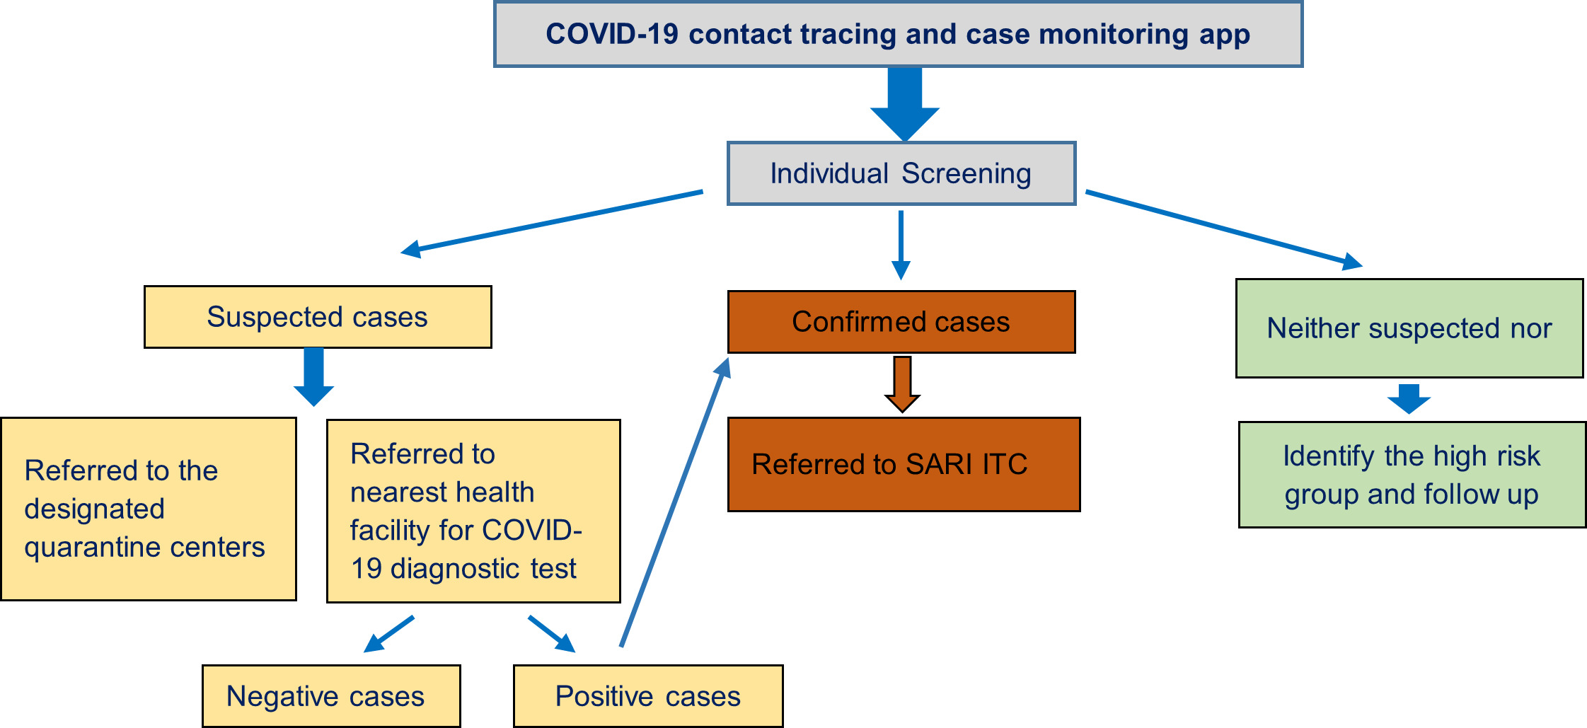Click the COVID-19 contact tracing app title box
(898, 35)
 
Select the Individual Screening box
(901, 173)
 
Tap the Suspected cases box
(318, 317)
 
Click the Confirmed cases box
(901, 322)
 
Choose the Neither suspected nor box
(1409, 328)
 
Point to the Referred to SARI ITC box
(904, 464)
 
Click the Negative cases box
(331, 696)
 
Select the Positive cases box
(648, 696)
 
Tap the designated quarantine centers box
(149, 509)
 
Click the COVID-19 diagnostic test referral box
(473, 511)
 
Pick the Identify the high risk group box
(1412, 475)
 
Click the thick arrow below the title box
(905, 103)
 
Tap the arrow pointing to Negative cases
(388, 634)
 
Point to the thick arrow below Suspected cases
(313, 376)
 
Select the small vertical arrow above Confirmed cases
(901, 244)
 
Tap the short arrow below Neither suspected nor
(1409, 398)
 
